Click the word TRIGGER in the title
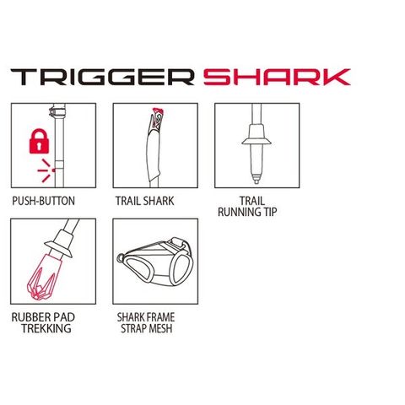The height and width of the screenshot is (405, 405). point(102,77)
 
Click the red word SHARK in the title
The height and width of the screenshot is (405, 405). point(277,77)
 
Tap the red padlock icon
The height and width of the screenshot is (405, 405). point(39,141)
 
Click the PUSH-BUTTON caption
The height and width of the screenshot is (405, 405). point(43,201)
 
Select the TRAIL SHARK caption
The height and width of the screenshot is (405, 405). point(145,201)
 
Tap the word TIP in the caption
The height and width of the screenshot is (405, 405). point(267,212)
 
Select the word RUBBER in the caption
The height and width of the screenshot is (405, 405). point(28,317)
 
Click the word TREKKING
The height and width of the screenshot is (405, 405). point(46,328)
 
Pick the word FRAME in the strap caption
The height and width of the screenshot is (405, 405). point(159,317)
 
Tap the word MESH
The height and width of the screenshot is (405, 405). point(161,328)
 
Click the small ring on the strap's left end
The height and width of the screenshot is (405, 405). point(121,258)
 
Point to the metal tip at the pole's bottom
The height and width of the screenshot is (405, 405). point(256,179)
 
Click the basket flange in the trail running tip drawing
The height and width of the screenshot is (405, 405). point(256,141)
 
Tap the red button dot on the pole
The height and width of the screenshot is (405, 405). point(53,170)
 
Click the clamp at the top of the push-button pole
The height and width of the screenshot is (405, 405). point(57,111)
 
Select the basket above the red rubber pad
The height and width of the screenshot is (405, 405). point(58,249)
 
